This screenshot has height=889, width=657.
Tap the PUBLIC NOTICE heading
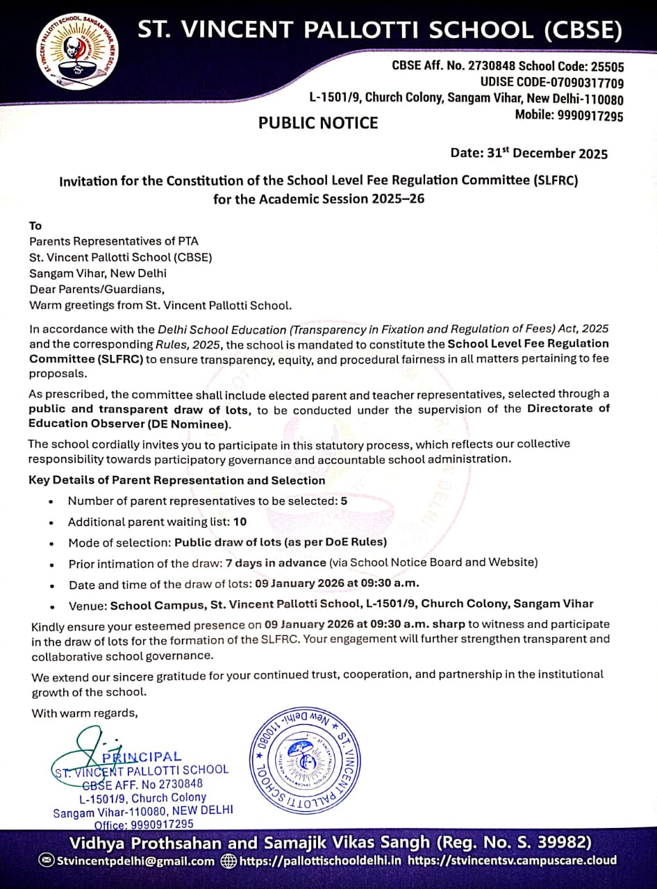(x=318, y=123)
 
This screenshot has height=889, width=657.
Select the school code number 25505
(x=607, y=67)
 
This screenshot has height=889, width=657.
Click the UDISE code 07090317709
(x=581, y=83)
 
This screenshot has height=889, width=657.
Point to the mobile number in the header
(x=590, y=115)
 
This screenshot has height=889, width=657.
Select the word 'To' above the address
(x=35, y=226)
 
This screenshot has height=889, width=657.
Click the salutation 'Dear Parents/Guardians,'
(x=97, y=289)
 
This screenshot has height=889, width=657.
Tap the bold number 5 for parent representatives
(x=344, y=501)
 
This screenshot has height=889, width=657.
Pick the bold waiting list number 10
(x=240, y=522)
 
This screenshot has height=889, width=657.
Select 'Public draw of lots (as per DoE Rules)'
(x=281, y=542)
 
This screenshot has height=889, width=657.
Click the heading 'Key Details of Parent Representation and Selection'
(x=176, y=481)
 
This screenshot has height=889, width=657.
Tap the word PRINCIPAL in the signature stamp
(x=142, y=756)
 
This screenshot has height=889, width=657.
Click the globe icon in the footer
(x=228, y=861)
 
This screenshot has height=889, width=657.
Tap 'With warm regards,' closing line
(x=85, y=713)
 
